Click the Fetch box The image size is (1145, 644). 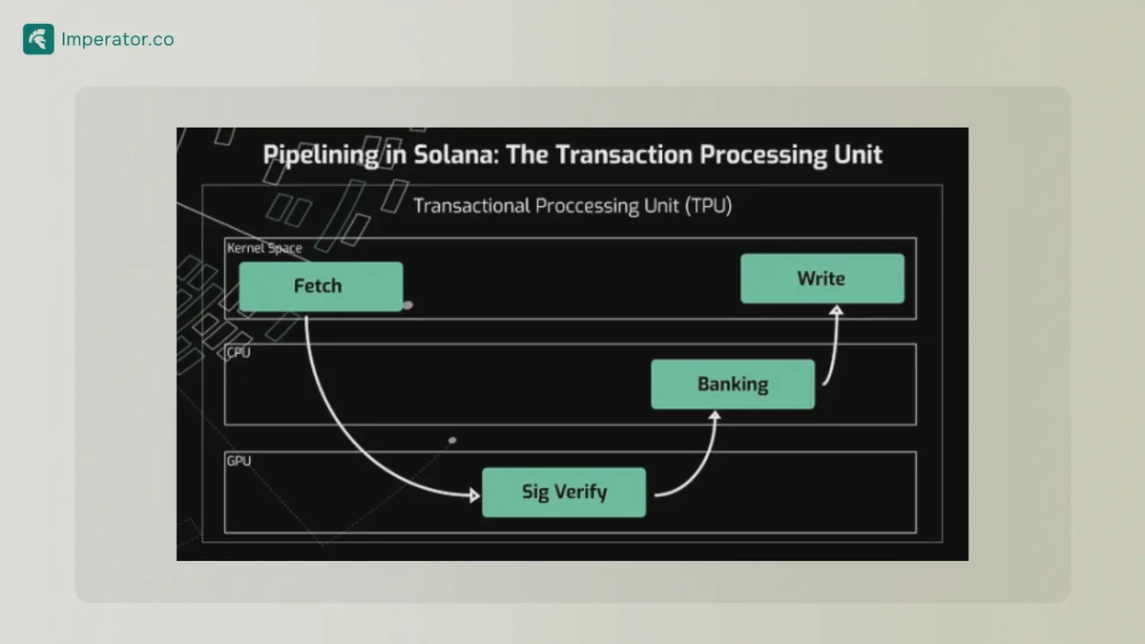pos(321,286)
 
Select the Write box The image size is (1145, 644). pos(822,279)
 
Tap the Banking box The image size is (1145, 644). pos(733,384)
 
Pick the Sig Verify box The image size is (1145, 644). pos(564,492)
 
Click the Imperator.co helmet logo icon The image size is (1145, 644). pos(38,39)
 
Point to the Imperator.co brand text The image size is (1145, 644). pos(117,40)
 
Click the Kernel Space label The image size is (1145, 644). pos(264,248)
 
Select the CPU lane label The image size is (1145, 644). pos(239,353)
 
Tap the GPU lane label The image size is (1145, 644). pos(239,461)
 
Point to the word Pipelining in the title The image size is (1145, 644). pos(322,155)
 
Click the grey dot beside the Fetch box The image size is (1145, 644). pos(407,305)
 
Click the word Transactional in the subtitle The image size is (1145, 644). pos(471,206)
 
